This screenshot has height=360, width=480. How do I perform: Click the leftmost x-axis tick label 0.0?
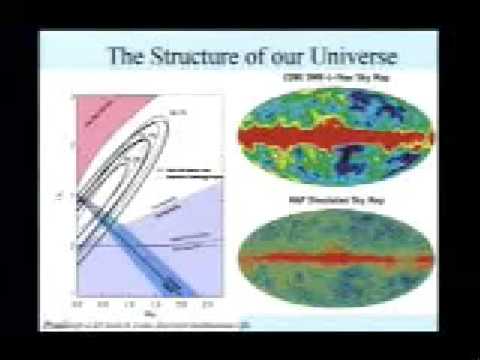click(x=78, y=300)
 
